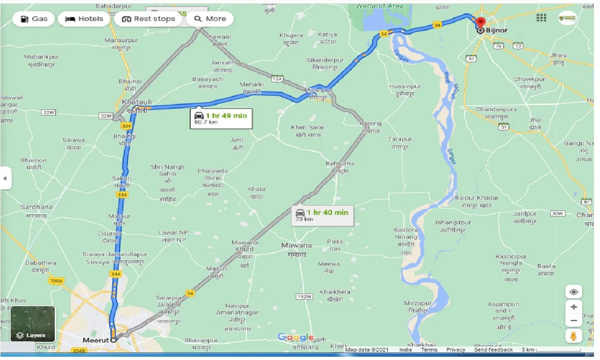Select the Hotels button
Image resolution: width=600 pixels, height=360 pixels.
[84, 19]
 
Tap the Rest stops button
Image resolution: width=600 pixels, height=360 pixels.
[148, 19]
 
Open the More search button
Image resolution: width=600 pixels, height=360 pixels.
[210, 19]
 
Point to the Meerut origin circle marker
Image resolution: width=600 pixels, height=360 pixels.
[113, 340]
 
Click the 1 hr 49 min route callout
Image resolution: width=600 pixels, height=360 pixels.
[222, 119]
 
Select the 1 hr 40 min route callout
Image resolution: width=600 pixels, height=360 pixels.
[322, 215]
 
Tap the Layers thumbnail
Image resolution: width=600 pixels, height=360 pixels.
[33, 324]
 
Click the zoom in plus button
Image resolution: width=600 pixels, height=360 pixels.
[573, 307]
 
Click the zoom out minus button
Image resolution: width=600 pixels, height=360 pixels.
[573, 321]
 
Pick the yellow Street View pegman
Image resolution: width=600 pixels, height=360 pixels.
[573, 336]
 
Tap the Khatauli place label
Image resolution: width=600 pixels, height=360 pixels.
[135, 101]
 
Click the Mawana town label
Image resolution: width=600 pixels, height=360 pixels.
[296, 245]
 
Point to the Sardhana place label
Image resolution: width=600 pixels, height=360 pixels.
[36, 207]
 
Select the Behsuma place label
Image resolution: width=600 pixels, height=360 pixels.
[340, 163]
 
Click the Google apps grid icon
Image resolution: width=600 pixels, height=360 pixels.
[541, 18]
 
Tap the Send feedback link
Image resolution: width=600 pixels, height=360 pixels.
[493, 350]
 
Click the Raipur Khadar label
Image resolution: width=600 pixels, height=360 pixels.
[477, 198]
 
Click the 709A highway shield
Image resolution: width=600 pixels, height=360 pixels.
[56, 281]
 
